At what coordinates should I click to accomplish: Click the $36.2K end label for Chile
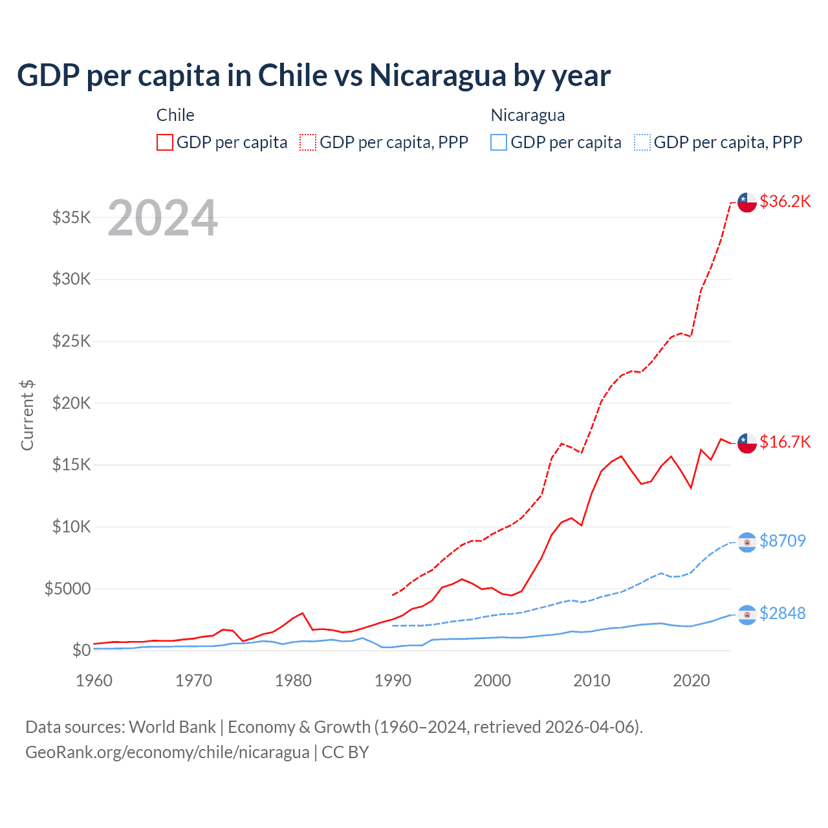785,202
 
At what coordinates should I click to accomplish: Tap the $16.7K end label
785,442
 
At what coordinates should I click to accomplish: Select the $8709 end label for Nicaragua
783,541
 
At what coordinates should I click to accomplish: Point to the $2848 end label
783,613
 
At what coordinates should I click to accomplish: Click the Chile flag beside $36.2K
747,202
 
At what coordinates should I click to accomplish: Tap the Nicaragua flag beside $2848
747,615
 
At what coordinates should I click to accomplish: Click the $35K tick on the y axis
72,217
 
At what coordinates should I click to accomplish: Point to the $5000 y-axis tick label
68,589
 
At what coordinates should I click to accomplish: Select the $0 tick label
81,650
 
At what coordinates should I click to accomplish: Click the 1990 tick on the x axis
393,681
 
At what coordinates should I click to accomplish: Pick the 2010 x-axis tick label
592,681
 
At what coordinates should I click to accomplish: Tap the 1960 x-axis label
94,681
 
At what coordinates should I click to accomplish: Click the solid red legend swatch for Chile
165,142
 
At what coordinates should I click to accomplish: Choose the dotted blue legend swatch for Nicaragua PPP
642,142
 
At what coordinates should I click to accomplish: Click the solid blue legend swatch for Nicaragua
499,142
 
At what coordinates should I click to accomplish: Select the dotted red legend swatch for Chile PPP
309,142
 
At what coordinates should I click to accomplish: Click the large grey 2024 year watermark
162,218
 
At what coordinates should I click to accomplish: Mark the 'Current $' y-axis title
27,415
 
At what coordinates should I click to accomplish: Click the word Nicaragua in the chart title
438,76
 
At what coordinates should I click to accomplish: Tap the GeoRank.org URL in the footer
168,752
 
